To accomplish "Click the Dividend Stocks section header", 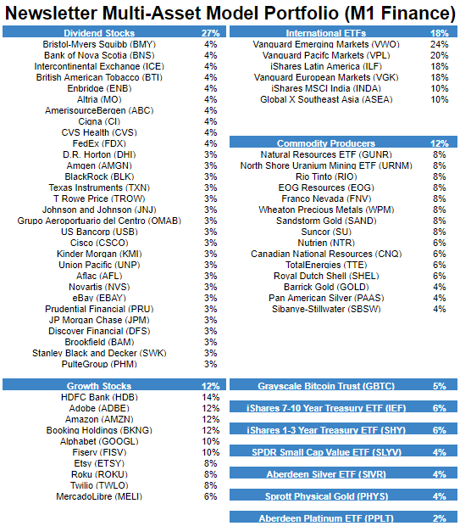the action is (x=99, y=33).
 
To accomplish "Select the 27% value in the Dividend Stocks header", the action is (x=210, y=33).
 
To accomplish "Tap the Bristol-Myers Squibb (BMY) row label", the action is (x=99, y=44).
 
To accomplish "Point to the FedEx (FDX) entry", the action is (x=99, y=143).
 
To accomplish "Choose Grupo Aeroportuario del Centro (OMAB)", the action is (x=99, y=221).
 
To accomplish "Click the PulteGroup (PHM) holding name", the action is (x=99, y=364).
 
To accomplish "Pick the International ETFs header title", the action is (x=326, y=33).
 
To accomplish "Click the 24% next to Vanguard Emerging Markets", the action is (x=439, y=44).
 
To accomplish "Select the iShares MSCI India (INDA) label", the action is (x=326, y=88).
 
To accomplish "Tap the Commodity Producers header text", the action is (x=326, y=143).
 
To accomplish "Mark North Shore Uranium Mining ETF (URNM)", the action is (x=326, y=165).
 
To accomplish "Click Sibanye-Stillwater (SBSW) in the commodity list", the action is (x=326, y=309).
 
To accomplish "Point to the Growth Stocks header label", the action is (x=99, y=386).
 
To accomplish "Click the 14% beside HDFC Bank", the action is (x=210, y=397).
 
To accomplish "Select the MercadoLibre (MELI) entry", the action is (x=99, y=496).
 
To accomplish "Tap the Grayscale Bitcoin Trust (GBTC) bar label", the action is (x=326, y=386).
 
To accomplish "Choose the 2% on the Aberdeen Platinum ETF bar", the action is (x=439, y=518).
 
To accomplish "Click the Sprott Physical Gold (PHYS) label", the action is (x=327, y=496).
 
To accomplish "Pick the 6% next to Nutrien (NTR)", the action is (x=439, y=243).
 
